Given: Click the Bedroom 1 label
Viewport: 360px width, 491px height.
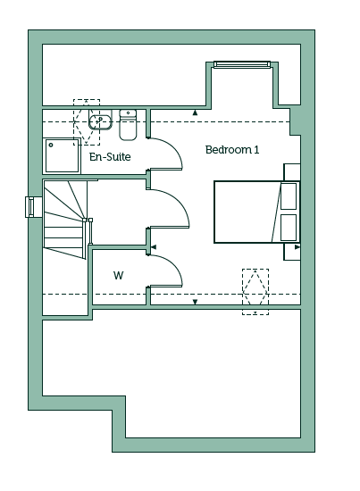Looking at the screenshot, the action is pyautogui.click(x=232, y=150).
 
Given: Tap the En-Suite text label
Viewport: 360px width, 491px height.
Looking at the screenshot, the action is pyautogui.click(x=110, y=156).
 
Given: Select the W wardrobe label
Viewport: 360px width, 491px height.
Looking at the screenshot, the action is pyautogui.click(x=119, y=276).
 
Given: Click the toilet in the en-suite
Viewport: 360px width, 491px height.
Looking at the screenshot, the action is pyautogui.click(x=128, y=125).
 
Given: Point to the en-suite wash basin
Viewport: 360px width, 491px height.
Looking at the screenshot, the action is pyautogui.click(x=100, y=120).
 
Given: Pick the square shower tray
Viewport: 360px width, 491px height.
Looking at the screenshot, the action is pyautogui.click(x=62, y=155).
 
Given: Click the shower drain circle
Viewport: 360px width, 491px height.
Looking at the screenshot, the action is pyautogui.click(x=51, y=145).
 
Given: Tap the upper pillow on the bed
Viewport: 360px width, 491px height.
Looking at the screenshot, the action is pyautogui.click(x=289, y=196).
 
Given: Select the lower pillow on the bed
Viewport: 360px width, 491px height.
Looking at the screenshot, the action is pyautogui.click(x=289, y=228).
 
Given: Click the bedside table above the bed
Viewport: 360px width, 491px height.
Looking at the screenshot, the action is pyautogui.click(x=292, y=172).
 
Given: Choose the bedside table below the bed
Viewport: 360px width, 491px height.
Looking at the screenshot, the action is pyautogui.click(x=292, y=252).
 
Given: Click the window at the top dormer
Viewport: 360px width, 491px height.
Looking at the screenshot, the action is pyautogui.click(x=241, y=64).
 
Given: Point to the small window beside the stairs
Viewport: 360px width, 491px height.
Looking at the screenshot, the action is pyautogui.click(x=31, y=207).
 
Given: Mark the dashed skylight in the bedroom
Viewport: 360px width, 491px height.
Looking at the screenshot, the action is pyautogui.click(x=255, y=292).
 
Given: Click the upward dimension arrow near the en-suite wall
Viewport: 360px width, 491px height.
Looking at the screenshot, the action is pyautogui.click(x=195, y=112).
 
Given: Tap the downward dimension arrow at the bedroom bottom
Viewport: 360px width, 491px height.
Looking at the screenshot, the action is pyautogui.click(x=196, y=302).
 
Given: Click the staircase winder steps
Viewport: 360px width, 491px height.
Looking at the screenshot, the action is pyautogui.click(x=64, y=220).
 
